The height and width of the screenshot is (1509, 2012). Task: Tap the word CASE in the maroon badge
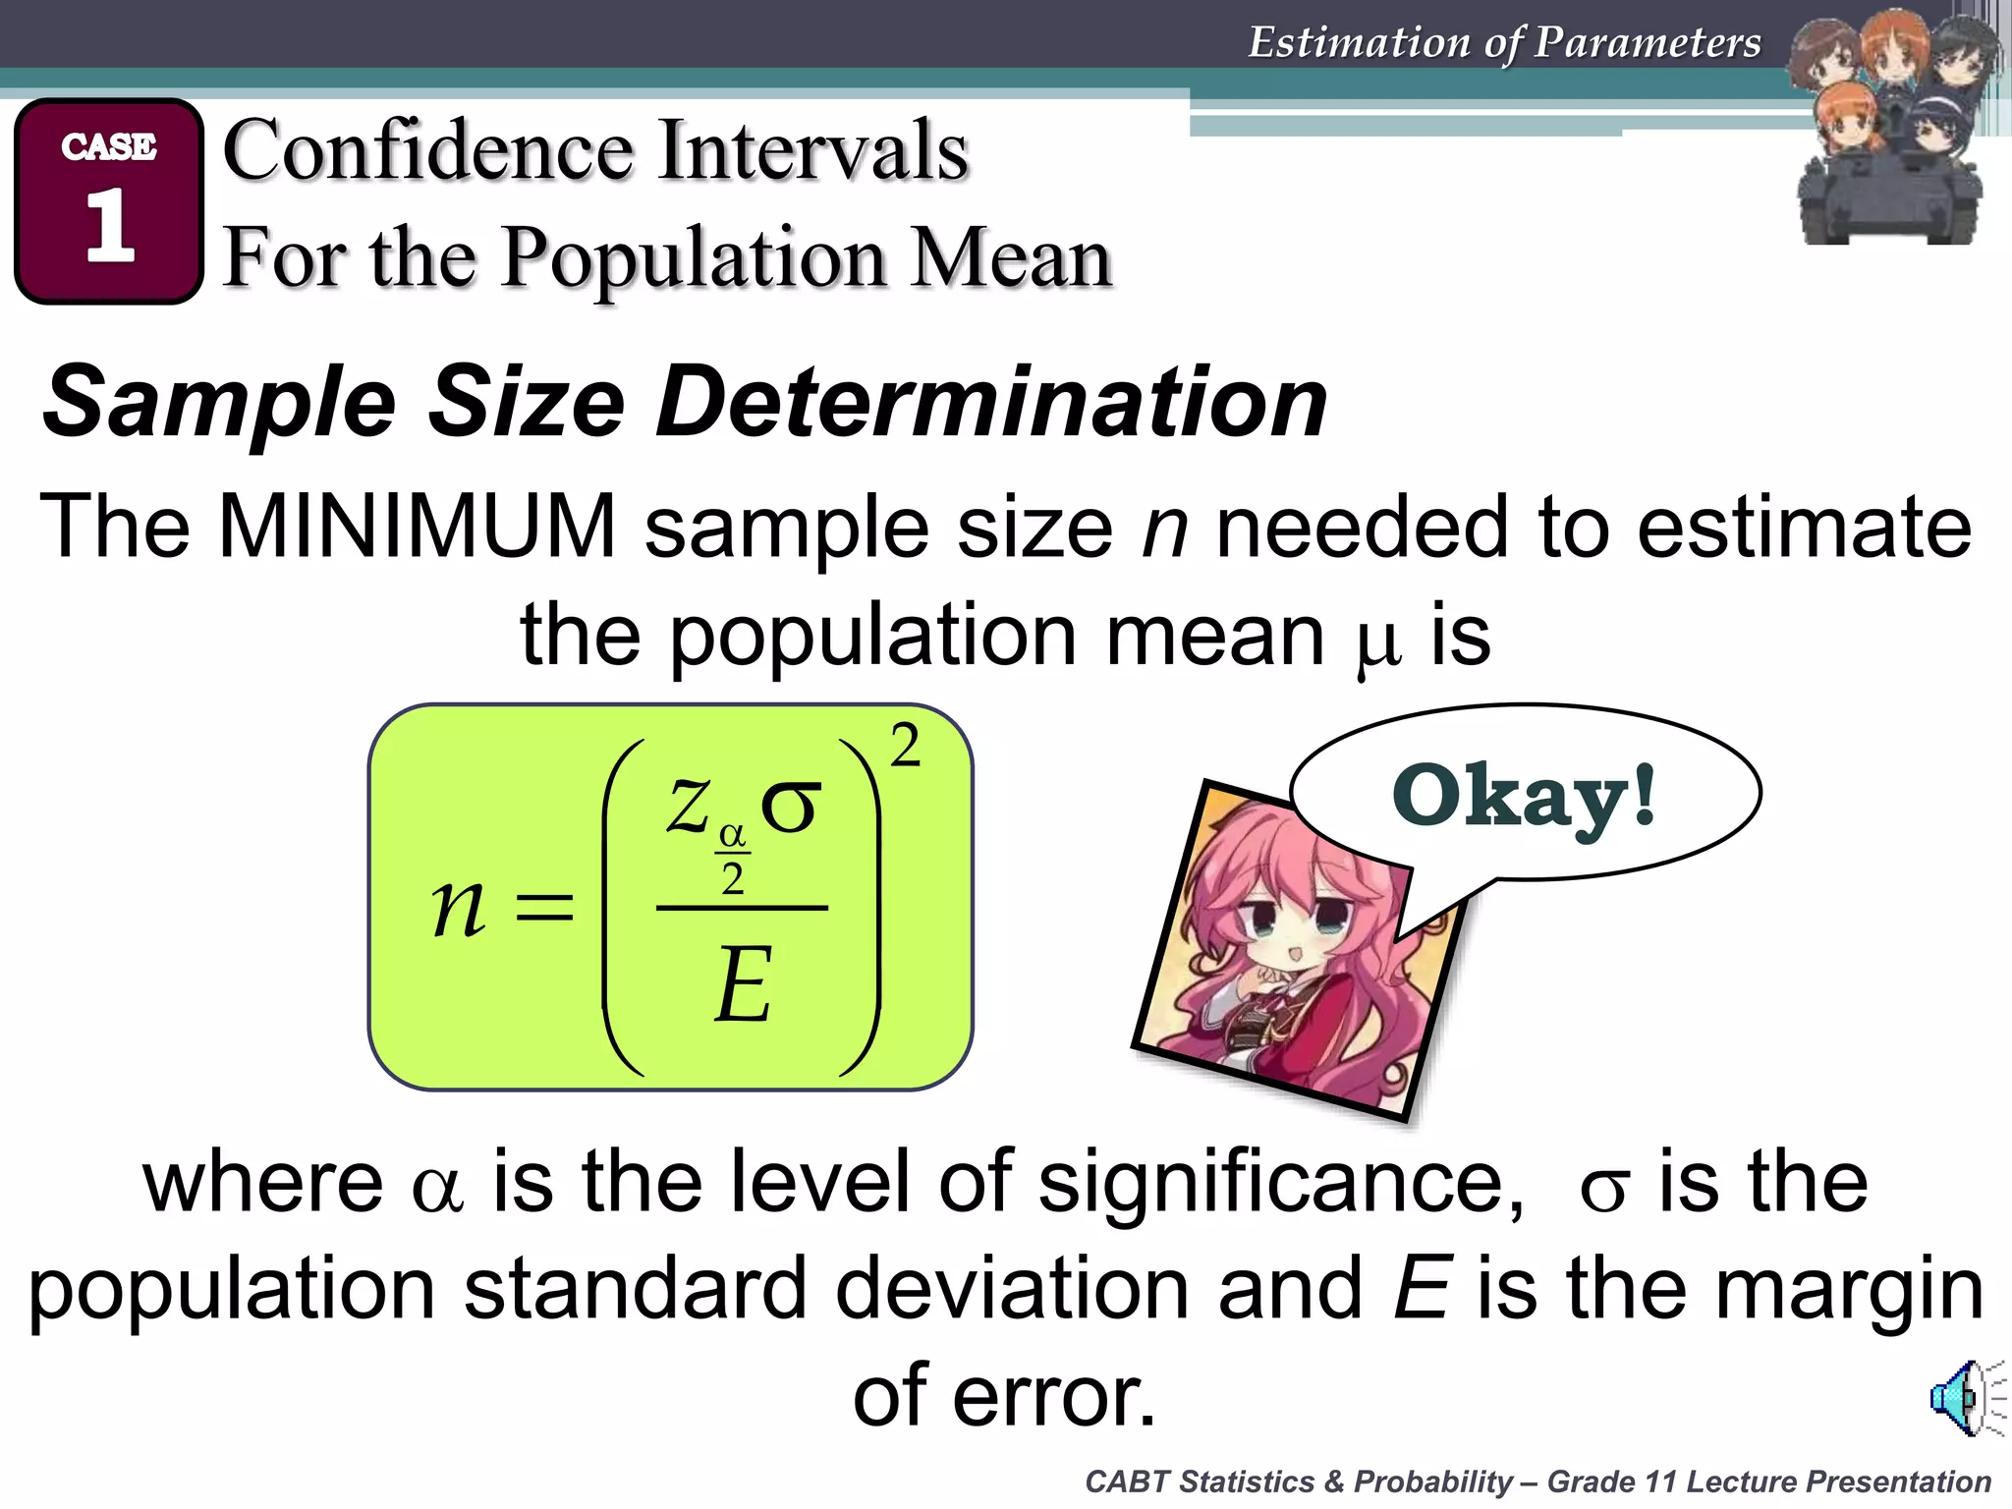pos(109,146)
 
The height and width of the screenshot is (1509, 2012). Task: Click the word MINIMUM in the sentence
pos(417,528)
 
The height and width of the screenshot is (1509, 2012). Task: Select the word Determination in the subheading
pos(991,403)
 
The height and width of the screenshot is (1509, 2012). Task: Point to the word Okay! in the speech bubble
pos(1524,797)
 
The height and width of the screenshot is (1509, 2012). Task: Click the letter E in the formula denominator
pos(743,984)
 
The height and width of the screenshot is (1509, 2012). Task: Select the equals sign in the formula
pos(545,907)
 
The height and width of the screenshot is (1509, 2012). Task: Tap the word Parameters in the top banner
pos(1648,42)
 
